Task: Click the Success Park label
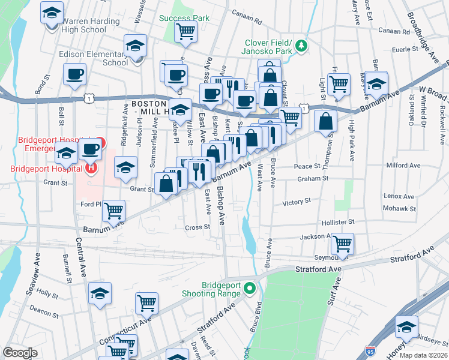coord(184,18)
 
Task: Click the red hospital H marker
coord(91,167)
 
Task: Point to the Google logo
coord(20,353)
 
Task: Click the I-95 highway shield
coord(369,347)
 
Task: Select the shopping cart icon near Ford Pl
coord(113,211)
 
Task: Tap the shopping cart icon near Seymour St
coord(342,244)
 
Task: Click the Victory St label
coord(297,202)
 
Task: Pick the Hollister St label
coord(337,222)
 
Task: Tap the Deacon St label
coord(44,313)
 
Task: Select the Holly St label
coord(46,292)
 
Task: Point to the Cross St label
coord(197,227)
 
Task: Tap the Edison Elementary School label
coord(94,58)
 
